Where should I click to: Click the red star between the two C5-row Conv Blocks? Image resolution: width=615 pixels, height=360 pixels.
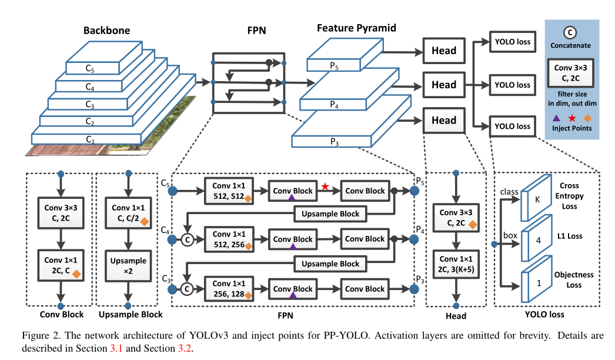[325, 186]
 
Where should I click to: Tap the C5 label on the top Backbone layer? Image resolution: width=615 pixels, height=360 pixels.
[90, 68]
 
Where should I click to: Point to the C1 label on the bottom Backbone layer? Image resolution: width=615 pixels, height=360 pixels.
[90, 139]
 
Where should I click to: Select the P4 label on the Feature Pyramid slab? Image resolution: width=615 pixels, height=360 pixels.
[333, 106]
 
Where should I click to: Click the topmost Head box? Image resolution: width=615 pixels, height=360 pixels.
[444, 51]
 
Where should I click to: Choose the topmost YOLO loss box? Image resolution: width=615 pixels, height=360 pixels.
[512, 42]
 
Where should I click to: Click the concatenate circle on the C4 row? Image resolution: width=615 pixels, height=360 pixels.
[188, 240]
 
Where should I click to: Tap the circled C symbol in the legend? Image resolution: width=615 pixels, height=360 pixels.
[570, 32]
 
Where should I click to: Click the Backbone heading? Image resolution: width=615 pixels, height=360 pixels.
[106, 30]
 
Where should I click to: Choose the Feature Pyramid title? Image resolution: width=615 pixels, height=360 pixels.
[356, 28]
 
